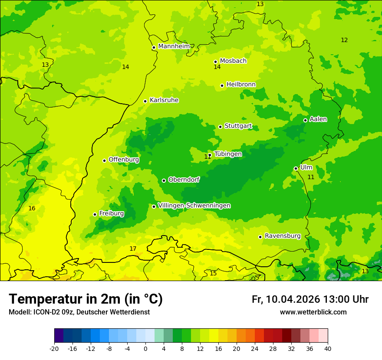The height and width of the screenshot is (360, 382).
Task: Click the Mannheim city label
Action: (174, 46)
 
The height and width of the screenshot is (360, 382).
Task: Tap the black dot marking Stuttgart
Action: (220, 127)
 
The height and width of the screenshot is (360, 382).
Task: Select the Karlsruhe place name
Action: (164, 100)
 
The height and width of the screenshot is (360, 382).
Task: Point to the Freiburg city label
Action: (112, 213)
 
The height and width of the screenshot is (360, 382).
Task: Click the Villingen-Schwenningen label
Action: (194, 206)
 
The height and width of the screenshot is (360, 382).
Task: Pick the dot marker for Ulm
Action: (296, 168)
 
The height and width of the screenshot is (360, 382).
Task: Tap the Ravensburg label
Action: (283, 236)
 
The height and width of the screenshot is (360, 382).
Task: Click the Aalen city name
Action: (318, 119)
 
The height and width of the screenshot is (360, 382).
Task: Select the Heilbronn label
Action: (241, 85)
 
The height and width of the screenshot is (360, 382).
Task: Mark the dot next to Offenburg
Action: (104, 160)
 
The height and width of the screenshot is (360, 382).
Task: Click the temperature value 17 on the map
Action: (133, 249)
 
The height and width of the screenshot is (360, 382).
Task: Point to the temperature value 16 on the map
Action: (32, 209)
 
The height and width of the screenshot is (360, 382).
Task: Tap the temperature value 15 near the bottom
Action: (213, 273)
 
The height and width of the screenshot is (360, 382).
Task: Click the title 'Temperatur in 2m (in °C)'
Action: (86, 299)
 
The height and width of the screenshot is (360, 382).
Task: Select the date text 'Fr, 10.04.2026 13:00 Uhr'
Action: (310, 299)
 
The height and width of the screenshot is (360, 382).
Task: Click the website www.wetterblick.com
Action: (313, 312)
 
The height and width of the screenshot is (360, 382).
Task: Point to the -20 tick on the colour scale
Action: (54, 348)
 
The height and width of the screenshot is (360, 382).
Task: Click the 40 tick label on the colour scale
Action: (328, 348)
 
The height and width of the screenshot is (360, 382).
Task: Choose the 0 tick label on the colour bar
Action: (145, 348)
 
